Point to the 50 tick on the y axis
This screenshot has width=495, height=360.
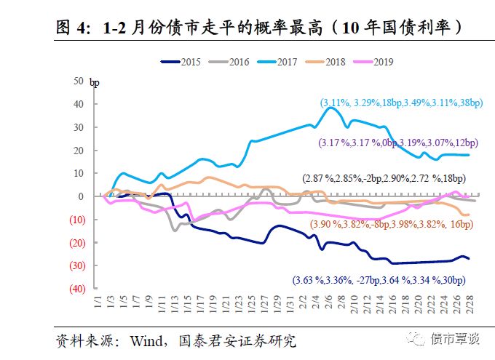coord(79,81)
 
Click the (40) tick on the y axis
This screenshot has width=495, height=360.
coord(76,289)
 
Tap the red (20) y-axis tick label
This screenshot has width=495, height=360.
coord(76,242)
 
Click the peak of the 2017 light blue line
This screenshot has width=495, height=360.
coord(331,108)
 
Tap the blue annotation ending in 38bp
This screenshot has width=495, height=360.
coord(401,103)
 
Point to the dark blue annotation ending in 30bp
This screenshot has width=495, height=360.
coord(379,280)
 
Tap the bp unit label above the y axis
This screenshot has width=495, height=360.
coord(95,82)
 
